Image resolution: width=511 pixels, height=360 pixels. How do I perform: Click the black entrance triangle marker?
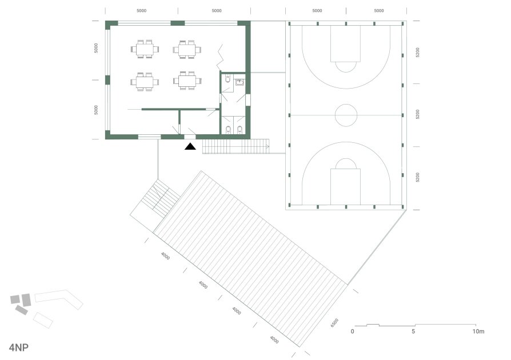pos(190,147)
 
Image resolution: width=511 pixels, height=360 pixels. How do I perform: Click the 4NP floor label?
pos(18,347)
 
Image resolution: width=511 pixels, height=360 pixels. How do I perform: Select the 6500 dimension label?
pos(335,323)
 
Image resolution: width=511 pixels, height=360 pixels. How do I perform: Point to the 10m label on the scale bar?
pos(478,331)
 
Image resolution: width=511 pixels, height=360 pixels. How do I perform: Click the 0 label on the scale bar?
pos(352,331)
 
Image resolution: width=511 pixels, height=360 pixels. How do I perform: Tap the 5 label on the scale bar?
pos(413,331)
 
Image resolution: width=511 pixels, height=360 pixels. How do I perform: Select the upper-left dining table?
pos(145,49)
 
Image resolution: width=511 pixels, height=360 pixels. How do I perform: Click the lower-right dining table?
pos(187,81)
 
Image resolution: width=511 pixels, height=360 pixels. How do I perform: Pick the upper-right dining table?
pos(187,50)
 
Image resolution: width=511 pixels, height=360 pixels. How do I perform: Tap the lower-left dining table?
pos(145,82)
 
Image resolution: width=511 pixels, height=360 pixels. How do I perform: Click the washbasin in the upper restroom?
pos(240,82)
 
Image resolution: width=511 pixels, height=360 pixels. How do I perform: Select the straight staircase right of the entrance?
pos(236,146)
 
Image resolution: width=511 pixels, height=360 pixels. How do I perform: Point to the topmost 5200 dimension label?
pos(417,53)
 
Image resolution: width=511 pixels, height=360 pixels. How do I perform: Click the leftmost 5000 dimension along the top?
pos(141,11)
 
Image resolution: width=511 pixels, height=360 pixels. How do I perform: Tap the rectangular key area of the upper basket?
pos(345,43)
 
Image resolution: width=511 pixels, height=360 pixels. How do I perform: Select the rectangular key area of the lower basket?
pos(345,187)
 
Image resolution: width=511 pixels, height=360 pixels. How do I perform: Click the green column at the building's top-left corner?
pos(111,23)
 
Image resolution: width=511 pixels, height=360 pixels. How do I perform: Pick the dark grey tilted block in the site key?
pos(22,310)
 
